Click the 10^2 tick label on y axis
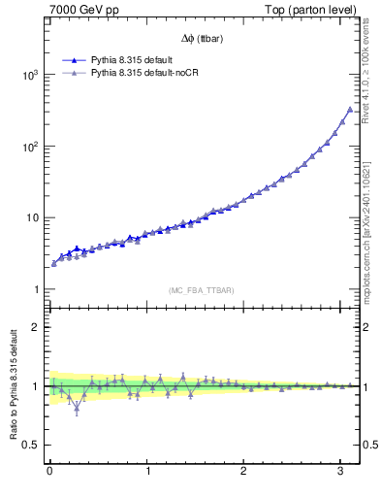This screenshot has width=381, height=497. click(x=29, y=147)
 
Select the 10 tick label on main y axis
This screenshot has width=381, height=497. click(x=32, y=217)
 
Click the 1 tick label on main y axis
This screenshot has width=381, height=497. click(x=35, y=289)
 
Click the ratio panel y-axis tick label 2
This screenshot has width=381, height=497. click(x=35, y=327)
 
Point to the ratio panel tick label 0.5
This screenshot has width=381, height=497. click(x=31, y=445)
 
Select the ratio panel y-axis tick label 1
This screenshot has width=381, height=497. click(x=35, y=386)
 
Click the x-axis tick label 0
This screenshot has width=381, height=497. click(x=49, y=473)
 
